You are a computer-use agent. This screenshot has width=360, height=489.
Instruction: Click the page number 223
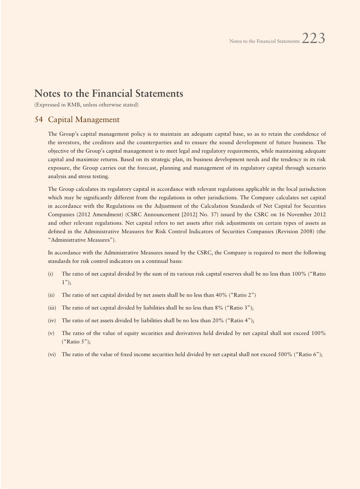313,39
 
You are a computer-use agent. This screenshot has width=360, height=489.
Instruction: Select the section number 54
38,120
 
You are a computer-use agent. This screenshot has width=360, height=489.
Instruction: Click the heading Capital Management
84,120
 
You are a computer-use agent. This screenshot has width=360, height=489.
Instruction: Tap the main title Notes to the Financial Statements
109,93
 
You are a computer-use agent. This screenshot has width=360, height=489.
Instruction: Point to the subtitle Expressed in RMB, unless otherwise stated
87,105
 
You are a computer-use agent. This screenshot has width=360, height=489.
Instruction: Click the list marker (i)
51,274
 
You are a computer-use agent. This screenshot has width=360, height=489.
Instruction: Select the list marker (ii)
51,295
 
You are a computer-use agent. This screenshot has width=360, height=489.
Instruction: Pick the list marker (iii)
52,308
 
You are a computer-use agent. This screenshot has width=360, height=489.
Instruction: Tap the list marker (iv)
52,320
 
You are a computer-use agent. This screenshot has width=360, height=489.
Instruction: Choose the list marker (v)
51,333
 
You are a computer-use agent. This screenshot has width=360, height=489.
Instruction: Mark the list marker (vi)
52,354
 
